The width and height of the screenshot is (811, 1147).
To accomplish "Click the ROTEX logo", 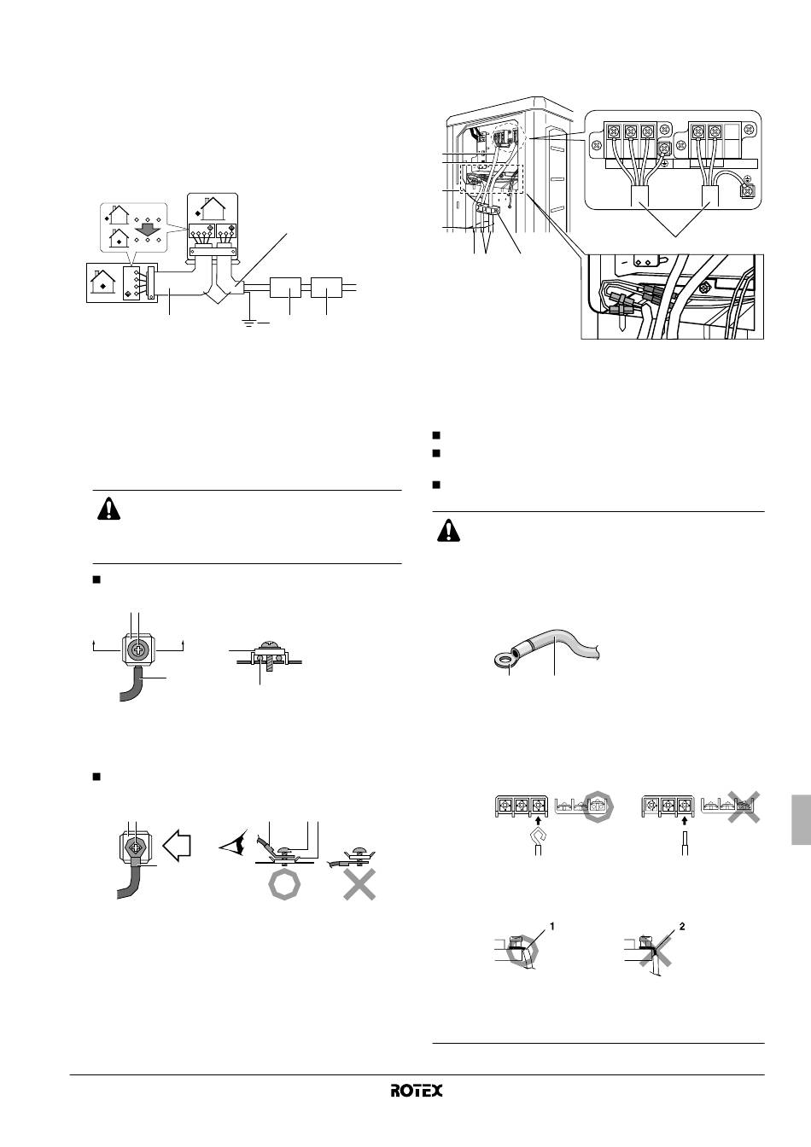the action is coord(417,1091).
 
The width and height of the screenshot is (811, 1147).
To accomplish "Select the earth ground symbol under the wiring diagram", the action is coord(249,323).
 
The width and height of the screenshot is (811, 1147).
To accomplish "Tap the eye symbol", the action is coord(233,845).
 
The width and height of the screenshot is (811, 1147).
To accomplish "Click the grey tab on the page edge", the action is coord(802,820).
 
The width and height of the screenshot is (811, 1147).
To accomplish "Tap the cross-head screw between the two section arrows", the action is coord(137,651).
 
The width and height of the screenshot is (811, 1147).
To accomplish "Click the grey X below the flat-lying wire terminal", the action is coord(359,884).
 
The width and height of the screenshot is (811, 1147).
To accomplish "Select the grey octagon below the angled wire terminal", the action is coord(283,884).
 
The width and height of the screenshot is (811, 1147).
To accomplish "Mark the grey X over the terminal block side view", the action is coord(744,806).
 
